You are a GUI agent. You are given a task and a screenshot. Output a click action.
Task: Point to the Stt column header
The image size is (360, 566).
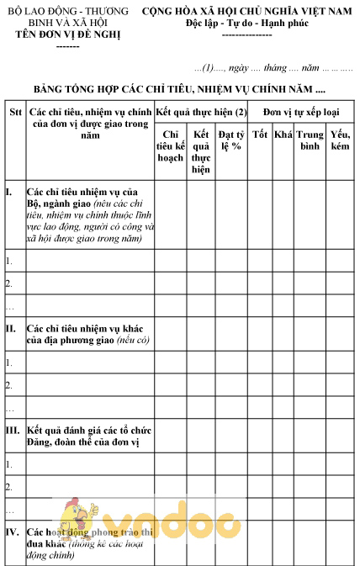tap(14, 111)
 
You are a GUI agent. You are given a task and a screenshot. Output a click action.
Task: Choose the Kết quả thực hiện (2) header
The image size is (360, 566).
tap(201, 111)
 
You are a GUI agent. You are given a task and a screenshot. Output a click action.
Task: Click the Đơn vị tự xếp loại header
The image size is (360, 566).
tap(300, 111)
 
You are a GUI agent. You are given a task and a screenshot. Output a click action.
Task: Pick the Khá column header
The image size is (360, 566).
tap(283, 134)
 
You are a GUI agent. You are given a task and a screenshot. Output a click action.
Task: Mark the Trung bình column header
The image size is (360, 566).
tap(310, 140)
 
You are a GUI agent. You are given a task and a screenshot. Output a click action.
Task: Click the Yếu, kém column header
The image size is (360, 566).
tap(340, 140)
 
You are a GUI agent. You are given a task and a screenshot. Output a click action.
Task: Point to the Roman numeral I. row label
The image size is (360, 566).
tap(9, 192)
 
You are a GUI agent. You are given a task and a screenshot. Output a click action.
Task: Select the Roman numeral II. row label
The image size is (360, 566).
tap(11, 327)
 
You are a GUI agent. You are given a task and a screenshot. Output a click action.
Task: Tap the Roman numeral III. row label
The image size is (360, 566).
tap(13, 429)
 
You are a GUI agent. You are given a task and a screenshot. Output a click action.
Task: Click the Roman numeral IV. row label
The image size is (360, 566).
tap(13, 532)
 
